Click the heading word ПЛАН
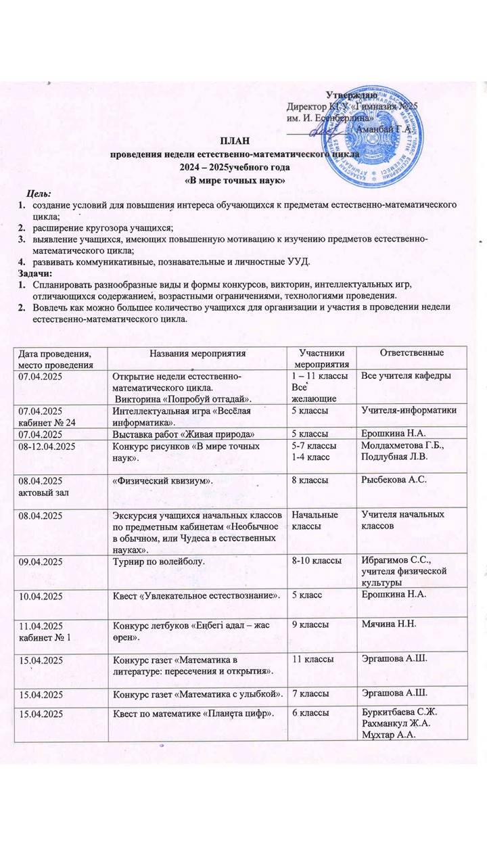click(x=233, y=141)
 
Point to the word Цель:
click(x=39, y=194)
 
